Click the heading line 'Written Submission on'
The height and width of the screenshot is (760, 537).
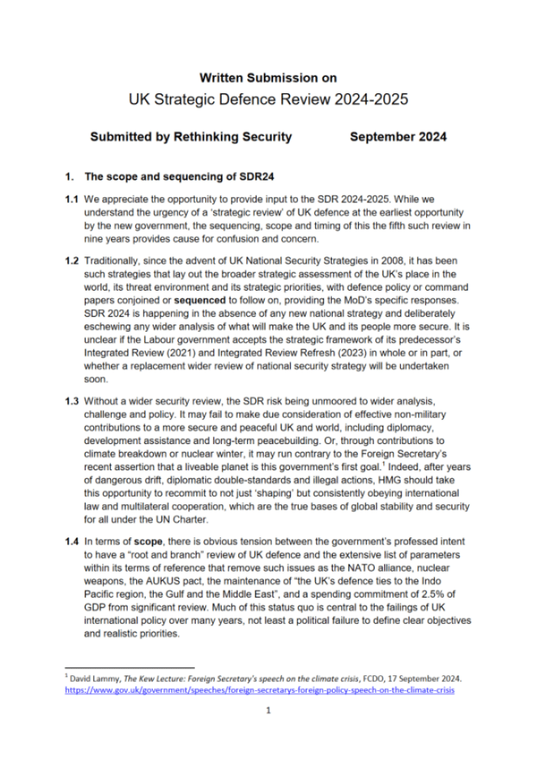pyautogui.click(x=268, y=78)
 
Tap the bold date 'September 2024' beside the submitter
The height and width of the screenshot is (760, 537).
pyautogui.click(x=398, y=136)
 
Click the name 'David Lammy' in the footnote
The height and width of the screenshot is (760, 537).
pyautogui.click(x=95, y=679)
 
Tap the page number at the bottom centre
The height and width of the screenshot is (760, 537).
pyautogui.click(x=268, y=711)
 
